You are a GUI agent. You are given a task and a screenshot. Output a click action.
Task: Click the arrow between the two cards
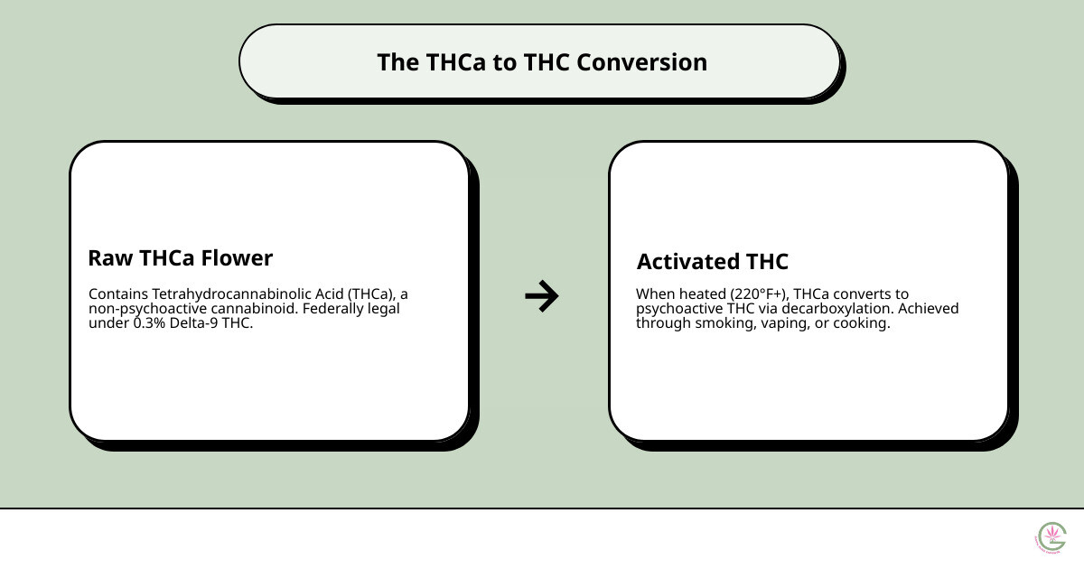tap(542, 295)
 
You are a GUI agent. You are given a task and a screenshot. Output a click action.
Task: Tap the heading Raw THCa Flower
tap(180, 258)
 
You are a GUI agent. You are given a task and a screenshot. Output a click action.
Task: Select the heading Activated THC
tap(712, 262)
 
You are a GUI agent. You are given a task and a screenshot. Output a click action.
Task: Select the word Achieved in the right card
tap(928, 309)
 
